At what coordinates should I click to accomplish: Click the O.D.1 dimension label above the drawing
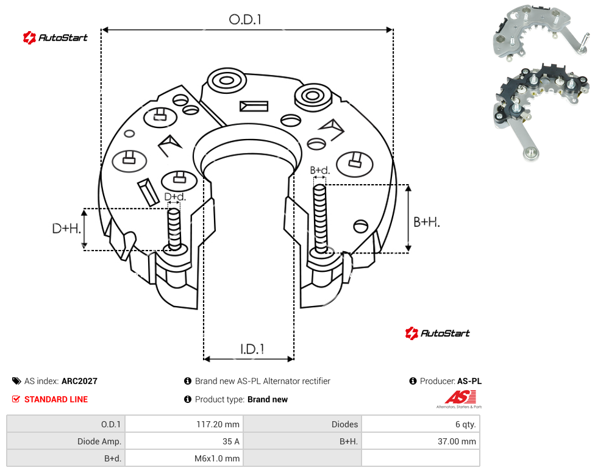pos(245,20)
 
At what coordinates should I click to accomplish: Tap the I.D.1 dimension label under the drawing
pos(252,349)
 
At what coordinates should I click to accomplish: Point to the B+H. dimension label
pos(427,222)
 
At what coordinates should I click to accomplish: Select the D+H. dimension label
pos(66,229)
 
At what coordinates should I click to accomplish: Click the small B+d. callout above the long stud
pos(320,170)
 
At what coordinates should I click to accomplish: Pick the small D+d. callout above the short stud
pos(175,197)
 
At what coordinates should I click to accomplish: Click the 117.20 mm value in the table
pos(218,424)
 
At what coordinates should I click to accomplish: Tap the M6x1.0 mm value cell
pos(217,458)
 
